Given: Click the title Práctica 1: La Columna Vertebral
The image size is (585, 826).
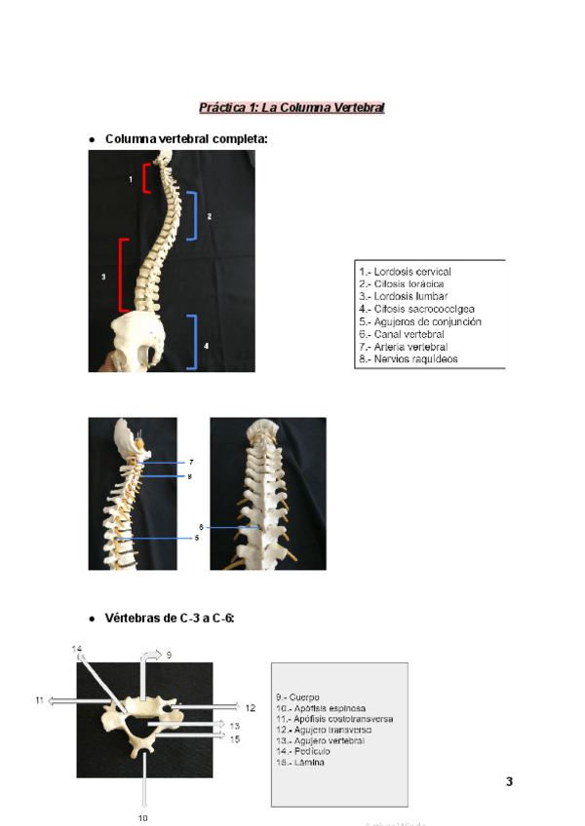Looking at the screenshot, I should [x=292, y=107].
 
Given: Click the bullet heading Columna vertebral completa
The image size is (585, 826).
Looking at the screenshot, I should [x=185, y=139].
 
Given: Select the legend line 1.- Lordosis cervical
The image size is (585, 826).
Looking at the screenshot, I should [x=405, y=271].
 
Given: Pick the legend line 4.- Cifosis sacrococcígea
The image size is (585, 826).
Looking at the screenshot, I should [x=416, y=309].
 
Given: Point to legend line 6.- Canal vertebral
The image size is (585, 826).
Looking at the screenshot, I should [x=403, y=334].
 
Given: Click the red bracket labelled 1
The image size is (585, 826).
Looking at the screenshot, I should [x=146, y=179].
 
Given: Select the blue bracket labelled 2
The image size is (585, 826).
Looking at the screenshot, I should [x=194, y=215].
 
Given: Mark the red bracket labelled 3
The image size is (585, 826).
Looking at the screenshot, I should [x=122, y=276].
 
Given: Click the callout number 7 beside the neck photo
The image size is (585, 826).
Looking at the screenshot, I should [x=190, y=462].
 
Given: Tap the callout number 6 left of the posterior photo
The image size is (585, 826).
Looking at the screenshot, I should [x=201, y=527].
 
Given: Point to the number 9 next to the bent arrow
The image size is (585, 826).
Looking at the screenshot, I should [x=169, y=656].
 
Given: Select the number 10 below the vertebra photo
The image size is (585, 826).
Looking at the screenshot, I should [x=142, y=818].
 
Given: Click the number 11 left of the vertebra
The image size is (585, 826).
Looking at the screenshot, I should [x=39, y=700].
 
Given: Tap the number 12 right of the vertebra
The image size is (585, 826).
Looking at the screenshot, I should [x=251, y=708].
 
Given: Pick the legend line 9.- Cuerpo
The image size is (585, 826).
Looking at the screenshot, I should [x=297, y=696].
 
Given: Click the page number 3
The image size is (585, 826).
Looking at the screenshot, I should [x=509, y=781].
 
